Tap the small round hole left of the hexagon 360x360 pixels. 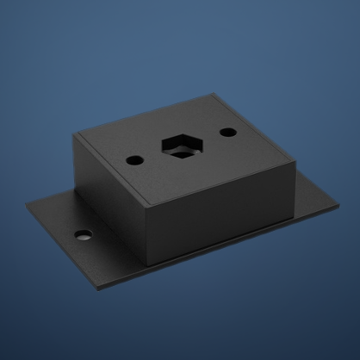coord(135,160)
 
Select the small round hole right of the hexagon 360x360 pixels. coord(227,133)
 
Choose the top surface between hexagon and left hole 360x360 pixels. coord(155,154)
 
